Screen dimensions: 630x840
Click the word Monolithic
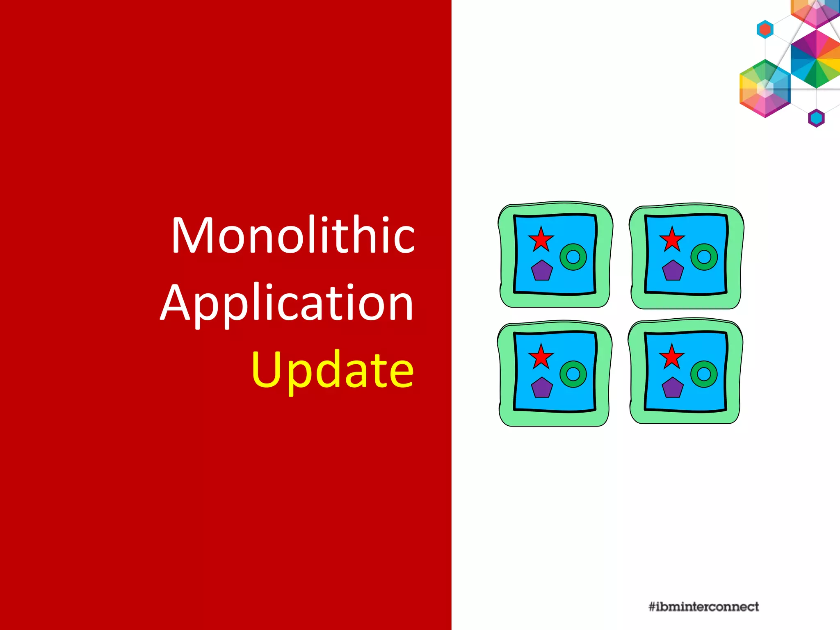pyautogui.click(x=293, y=235)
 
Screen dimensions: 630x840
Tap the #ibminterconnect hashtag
pyautogui.click(x=703, y=607)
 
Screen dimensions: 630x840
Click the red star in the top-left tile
pyautogui.click(x=541, y=240)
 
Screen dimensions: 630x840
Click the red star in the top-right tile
pyautogui.click(x=672, y=239)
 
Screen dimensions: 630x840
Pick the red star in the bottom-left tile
pyautogui.click(x=541, y=357)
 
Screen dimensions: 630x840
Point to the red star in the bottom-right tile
pyautogui.click(x=671, y=357)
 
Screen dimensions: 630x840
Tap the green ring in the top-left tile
pyautogui.click(x=573, y=257)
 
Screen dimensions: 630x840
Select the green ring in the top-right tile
pyautogui.click(x=704, y=257)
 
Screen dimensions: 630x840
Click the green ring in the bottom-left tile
pyautogui.click(x=573, y=374)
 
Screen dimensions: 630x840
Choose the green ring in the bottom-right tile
pyautogui.click(x=704, y=374)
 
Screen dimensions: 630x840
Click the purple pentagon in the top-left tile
pyautogui.click(x=542, y=271)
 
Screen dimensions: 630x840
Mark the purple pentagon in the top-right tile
pyautogui.click(x=673, y=271)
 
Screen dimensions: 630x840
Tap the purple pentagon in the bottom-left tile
pyautogui.click(x=542, y=388)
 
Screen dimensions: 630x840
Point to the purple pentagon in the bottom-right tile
pyautogui.click(x=673, y=388)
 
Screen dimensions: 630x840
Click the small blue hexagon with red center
pyautogui.click(x=765, y=30)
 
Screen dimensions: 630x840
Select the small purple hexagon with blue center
pyautogui.click(x=816, y=118)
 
